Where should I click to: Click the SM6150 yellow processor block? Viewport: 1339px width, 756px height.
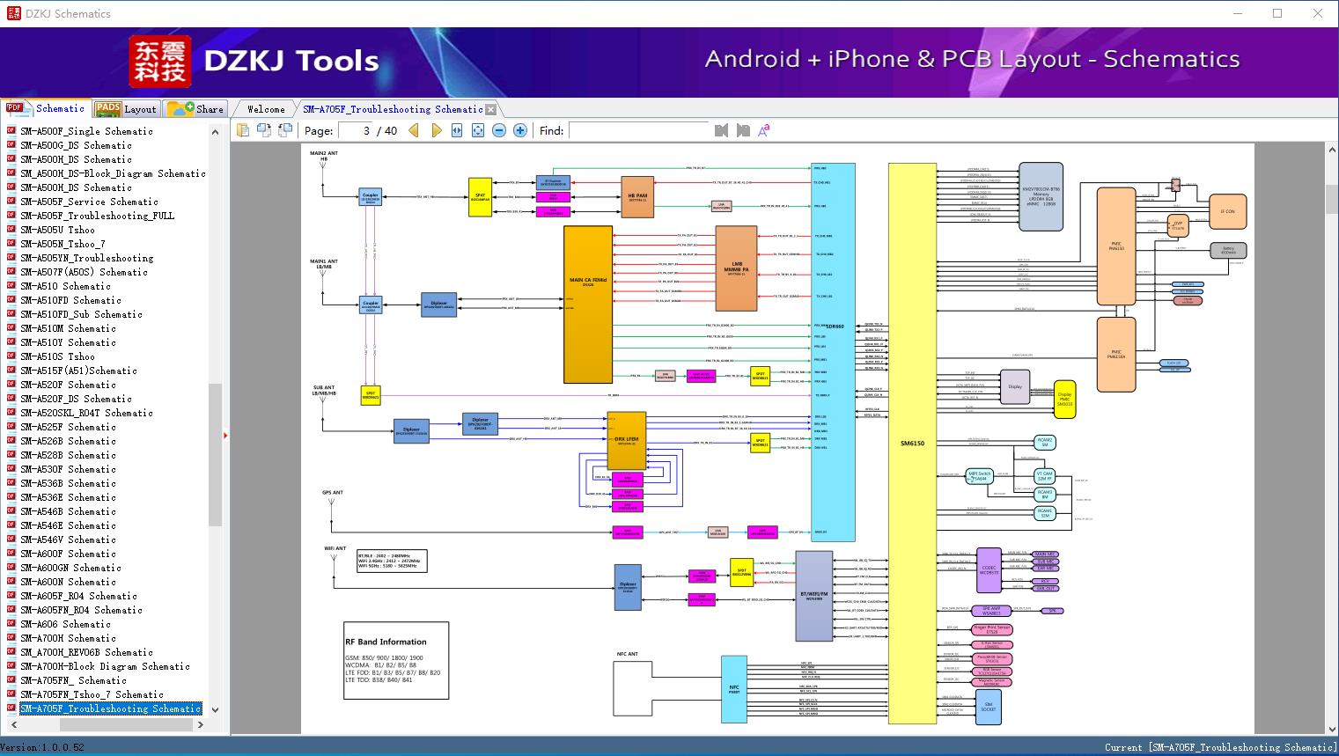(911, 443)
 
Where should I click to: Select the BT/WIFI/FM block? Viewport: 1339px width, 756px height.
(813, 596)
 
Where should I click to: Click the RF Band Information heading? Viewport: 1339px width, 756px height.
(386, 642)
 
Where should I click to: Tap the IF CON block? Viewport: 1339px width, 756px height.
(1227, 212)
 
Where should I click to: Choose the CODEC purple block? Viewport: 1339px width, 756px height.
(989, 569)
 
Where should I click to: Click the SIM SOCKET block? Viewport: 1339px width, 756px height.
(988, 707)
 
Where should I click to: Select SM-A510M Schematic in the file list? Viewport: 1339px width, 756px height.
(68, 328)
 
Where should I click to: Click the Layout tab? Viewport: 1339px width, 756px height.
(128, 109)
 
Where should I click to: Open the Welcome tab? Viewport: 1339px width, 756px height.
(265, 109)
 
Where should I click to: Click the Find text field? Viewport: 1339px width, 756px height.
(638, 130)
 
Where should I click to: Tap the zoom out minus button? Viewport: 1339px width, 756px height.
(499, 130)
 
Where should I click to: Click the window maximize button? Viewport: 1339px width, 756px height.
(1277, 13)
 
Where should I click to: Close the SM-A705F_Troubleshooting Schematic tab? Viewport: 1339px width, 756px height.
(491, 109)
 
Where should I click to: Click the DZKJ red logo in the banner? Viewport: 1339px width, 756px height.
(160, 62)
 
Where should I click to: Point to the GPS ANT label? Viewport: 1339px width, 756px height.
(333, 493)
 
